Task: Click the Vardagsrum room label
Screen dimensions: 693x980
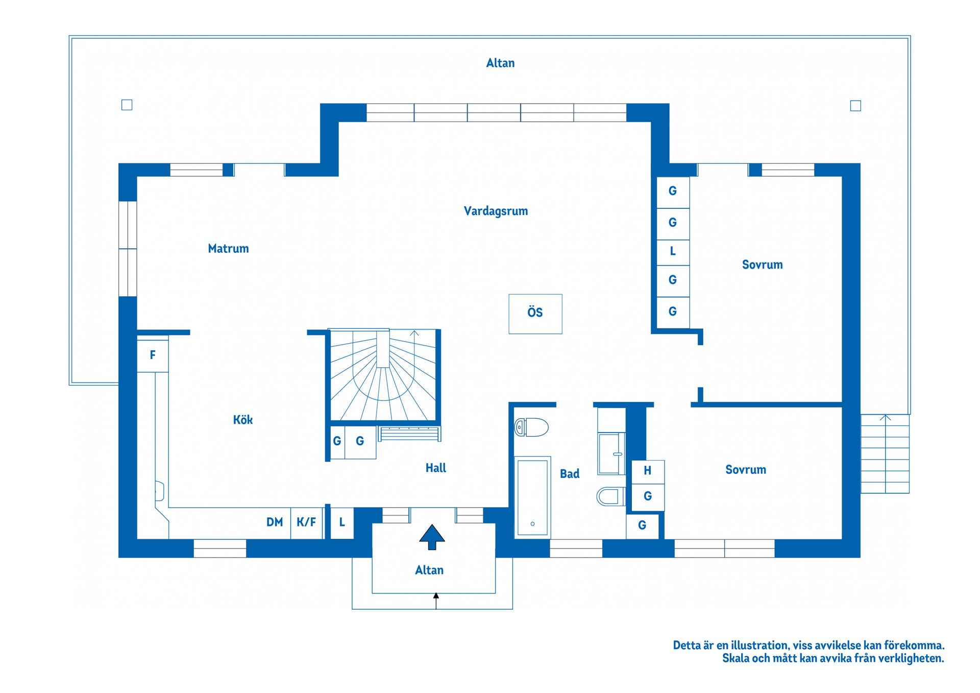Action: (x=496, y=211)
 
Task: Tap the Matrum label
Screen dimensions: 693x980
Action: (x=228, y=249)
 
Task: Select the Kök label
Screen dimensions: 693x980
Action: (x=242, y=420)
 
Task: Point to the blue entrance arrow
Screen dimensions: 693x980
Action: (x=432, y=536)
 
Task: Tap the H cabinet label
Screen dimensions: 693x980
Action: (x=647, y=471)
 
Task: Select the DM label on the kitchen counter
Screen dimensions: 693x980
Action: (x=275, y=522)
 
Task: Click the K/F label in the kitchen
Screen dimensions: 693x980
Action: (x=306, y=522)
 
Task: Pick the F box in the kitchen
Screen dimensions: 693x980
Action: (x=153, y=355)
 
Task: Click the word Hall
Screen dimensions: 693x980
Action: (x=435, y=468)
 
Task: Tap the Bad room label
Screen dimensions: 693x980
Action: (x=570, y=474)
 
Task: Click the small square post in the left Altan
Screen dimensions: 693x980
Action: (x=127, y=105)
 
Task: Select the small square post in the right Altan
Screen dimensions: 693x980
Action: (x=855, y=106)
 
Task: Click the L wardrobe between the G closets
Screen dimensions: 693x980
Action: (x=673, y=251)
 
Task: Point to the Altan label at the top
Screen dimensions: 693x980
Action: (x=500, y=63)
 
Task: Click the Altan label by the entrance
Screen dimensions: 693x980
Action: (x=429, y=570)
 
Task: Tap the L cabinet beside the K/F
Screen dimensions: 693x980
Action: (x=342, y=522)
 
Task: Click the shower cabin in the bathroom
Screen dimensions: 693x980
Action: (x=611, y=453)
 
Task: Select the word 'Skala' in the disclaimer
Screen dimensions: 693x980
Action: (x=736, y=658)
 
